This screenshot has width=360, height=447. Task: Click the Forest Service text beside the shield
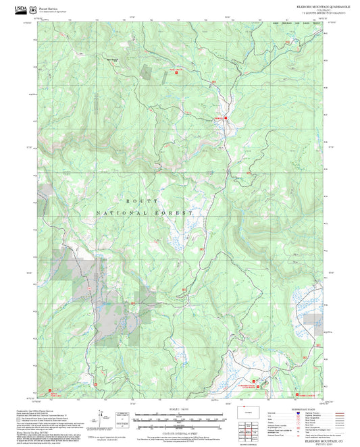(48, 7)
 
